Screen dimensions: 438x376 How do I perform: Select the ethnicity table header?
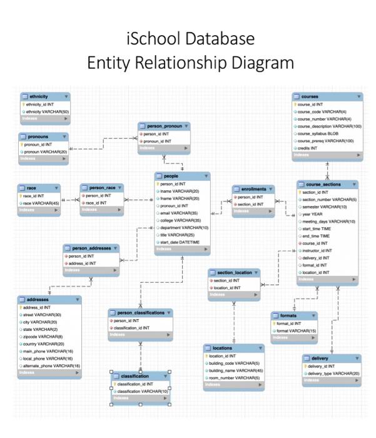pyautogui.click(x=37, y=97)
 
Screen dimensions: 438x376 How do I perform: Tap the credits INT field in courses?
pyautogui.click(x=308, y=149)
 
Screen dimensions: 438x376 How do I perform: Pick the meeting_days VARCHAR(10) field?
pyautogui.click(x=328, y=221)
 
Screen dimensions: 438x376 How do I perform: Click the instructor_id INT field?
pyautogui.click(x=317, y=250)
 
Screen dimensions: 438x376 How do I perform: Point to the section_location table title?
pyautogui.click(x=235, y=273)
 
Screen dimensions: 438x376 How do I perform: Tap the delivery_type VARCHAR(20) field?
pyautogui.click(x=332, y=374)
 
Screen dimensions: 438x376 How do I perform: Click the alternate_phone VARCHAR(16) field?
pyautogui.click(x=53, y=365)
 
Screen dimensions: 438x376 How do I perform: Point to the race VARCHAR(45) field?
pyautogui.click(x=41, y=203)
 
